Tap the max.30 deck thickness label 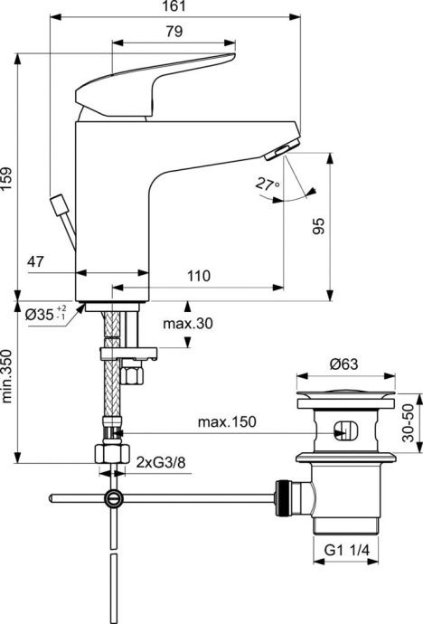pos(187,323)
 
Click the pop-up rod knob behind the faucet pos(61,203)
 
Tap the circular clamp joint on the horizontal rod pos(112,497)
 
